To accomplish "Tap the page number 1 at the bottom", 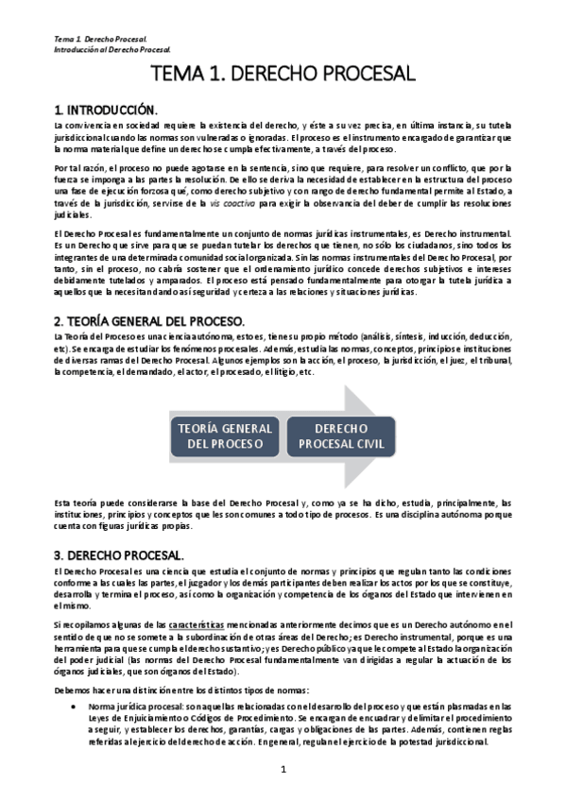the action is pos(283,771).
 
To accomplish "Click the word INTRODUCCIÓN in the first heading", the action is pos(120,109).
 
